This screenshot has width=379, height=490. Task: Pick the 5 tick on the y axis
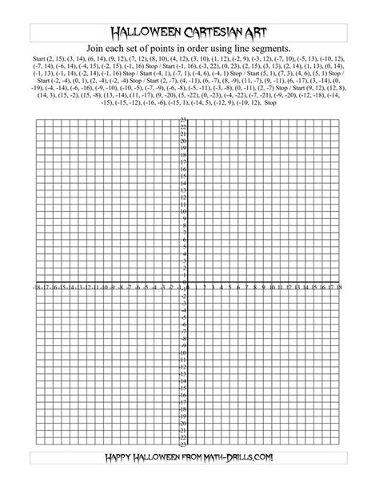[184, 246]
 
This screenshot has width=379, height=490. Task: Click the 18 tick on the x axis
[340, 285]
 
